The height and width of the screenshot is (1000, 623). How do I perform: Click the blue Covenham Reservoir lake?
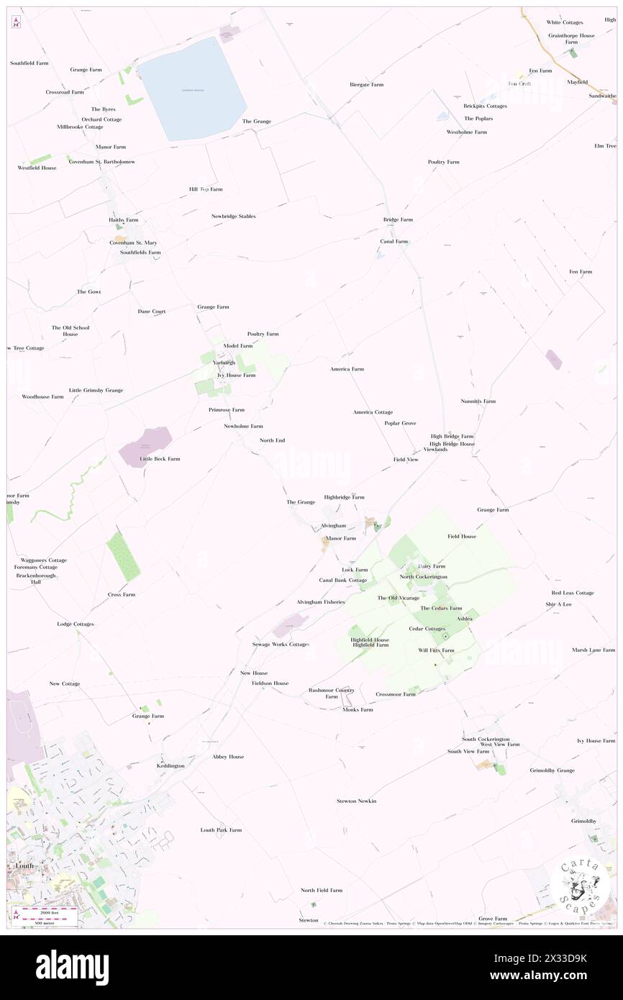point(192,88)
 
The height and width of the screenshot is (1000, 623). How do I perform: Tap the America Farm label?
point(347,369)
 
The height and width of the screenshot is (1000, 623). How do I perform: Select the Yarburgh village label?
point(224,363)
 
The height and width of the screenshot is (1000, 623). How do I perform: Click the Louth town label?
point(24,865)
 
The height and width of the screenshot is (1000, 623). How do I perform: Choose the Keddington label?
point(170,765)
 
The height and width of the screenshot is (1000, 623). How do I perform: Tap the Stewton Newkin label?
point(356,801)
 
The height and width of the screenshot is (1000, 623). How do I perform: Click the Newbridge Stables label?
point(233,216)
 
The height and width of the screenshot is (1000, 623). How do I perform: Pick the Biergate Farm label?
point(366,84)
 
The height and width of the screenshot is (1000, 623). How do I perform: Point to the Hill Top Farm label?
point(206,189)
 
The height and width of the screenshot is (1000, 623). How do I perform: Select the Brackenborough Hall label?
point(35,578)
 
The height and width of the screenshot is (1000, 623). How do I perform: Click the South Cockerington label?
point(486,739)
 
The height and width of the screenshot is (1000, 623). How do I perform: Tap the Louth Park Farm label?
point(221,829)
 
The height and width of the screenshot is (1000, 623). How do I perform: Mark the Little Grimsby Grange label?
point(96,390)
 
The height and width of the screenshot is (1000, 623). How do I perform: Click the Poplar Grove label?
point(400,423)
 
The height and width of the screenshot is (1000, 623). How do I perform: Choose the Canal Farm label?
point(394,241)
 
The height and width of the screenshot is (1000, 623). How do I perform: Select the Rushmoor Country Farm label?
point(332,693)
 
